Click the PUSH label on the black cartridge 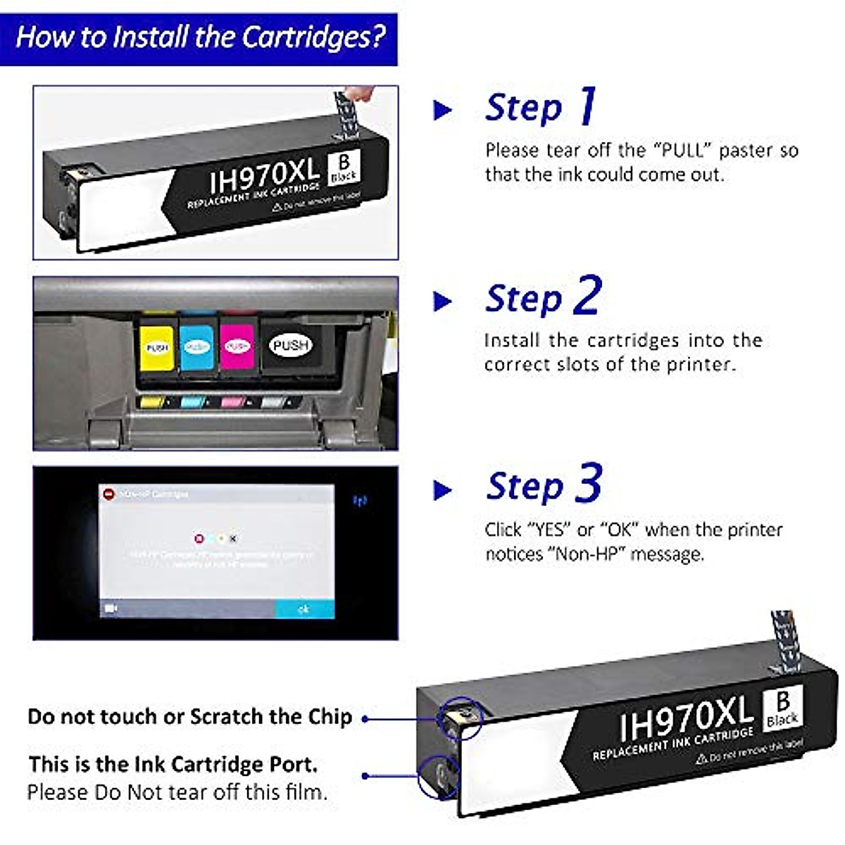[x=291, y=345]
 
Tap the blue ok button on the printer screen [x=303, y=608]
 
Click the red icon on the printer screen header [x=108, y=494]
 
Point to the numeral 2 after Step [x=587, y=296]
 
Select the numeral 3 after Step [x=589, y=484]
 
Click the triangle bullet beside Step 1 [x=442, y=110]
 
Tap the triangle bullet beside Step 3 [x=442, y=490]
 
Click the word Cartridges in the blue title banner [x=314, y=37]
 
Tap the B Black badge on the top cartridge [x=344, y=168]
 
